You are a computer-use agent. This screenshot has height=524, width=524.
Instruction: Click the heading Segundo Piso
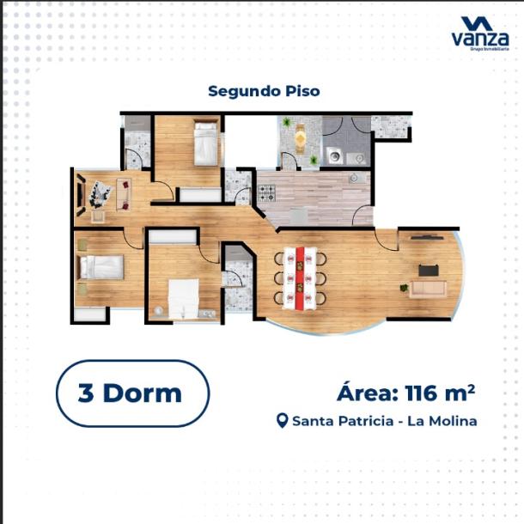[x=264, y=90]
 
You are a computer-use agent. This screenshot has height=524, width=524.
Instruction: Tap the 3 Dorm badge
[x=132, y=393]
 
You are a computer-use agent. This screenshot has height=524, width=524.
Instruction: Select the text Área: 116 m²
[x=405, y=393]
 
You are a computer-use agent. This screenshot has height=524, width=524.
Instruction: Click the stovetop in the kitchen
[x=266, y=192]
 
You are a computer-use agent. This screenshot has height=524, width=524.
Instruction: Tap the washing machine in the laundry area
[x=332, y=158]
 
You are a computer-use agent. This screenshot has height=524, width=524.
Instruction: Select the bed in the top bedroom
[x=205, y=143]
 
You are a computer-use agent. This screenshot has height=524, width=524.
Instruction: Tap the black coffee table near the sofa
[x=428, y=270]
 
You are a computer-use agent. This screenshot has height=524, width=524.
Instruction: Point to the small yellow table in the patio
[x=300, y=137]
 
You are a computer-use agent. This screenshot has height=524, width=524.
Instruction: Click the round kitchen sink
[x=352, y=178]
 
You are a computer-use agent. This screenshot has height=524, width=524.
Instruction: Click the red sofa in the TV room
[x=123, y=192]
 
